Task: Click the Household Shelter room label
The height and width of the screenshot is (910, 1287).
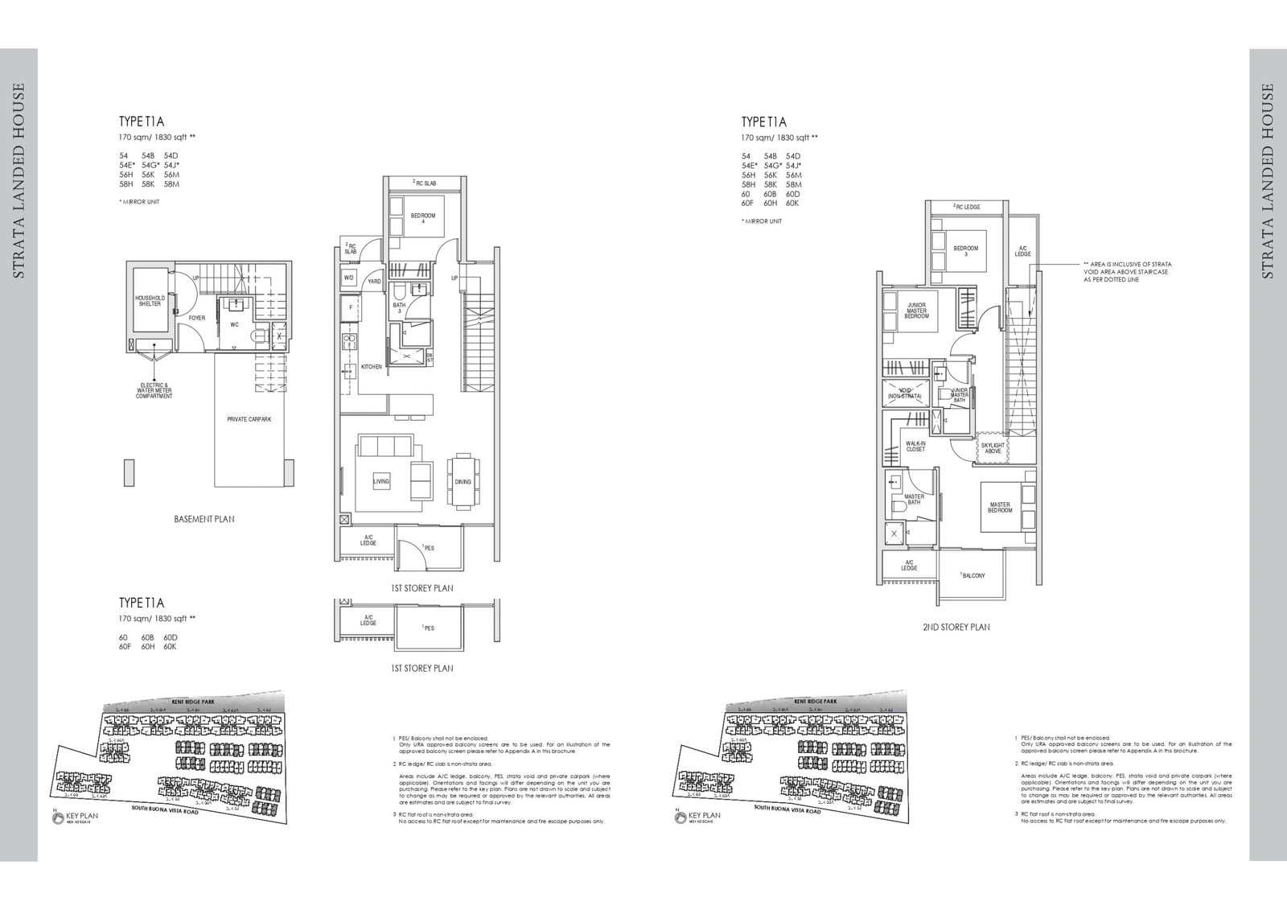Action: click(150, 301)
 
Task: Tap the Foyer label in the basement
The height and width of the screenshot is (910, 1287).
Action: click(197, 318)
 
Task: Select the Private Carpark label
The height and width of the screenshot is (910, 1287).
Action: click(248, 419)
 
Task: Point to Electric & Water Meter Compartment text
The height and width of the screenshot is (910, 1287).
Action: click(154, 391)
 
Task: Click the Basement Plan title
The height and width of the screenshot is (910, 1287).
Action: click(204, 520)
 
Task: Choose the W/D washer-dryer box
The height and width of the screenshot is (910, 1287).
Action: click(349, 278)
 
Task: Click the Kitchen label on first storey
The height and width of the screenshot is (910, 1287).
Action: click(371, 367)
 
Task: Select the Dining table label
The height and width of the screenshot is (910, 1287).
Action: click(463, 482)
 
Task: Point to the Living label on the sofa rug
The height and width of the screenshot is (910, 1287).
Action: click(381, 482)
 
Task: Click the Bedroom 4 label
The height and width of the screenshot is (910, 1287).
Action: click(422, 219)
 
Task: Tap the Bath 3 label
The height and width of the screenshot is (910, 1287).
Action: click(400, 308)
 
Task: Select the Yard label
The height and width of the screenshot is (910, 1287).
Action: click(374, 282)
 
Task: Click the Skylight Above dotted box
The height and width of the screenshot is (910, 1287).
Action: click(993, 448)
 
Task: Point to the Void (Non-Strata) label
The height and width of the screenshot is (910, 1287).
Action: click(904, 394)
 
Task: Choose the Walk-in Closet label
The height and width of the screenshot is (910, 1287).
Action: click(915, 446)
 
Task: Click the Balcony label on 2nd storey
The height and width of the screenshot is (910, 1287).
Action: click(973, 576)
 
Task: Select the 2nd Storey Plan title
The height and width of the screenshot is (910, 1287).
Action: click(956, 627)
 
